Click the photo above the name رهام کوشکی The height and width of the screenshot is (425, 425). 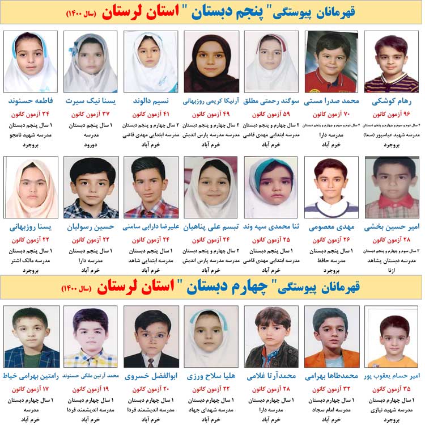[392, 62]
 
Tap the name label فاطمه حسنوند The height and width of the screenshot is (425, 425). [32, 102]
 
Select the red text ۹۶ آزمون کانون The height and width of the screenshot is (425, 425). [392, 114]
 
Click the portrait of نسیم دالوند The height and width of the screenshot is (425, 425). [151, 62]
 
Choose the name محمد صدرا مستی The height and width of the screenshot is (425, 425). [331, 102]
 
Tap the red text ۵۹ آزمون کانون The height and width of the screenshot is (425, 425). [271, 114]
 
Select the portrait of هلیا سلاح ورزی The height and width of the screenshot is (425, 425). [211, 337]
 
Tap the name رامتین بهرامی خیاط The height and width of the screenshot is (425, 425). [32, 376]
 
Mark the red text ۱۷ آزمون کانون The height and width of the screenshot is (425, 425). [32, 389]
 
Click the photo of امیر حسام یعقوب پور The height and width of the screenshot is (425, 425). [392, 337]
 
